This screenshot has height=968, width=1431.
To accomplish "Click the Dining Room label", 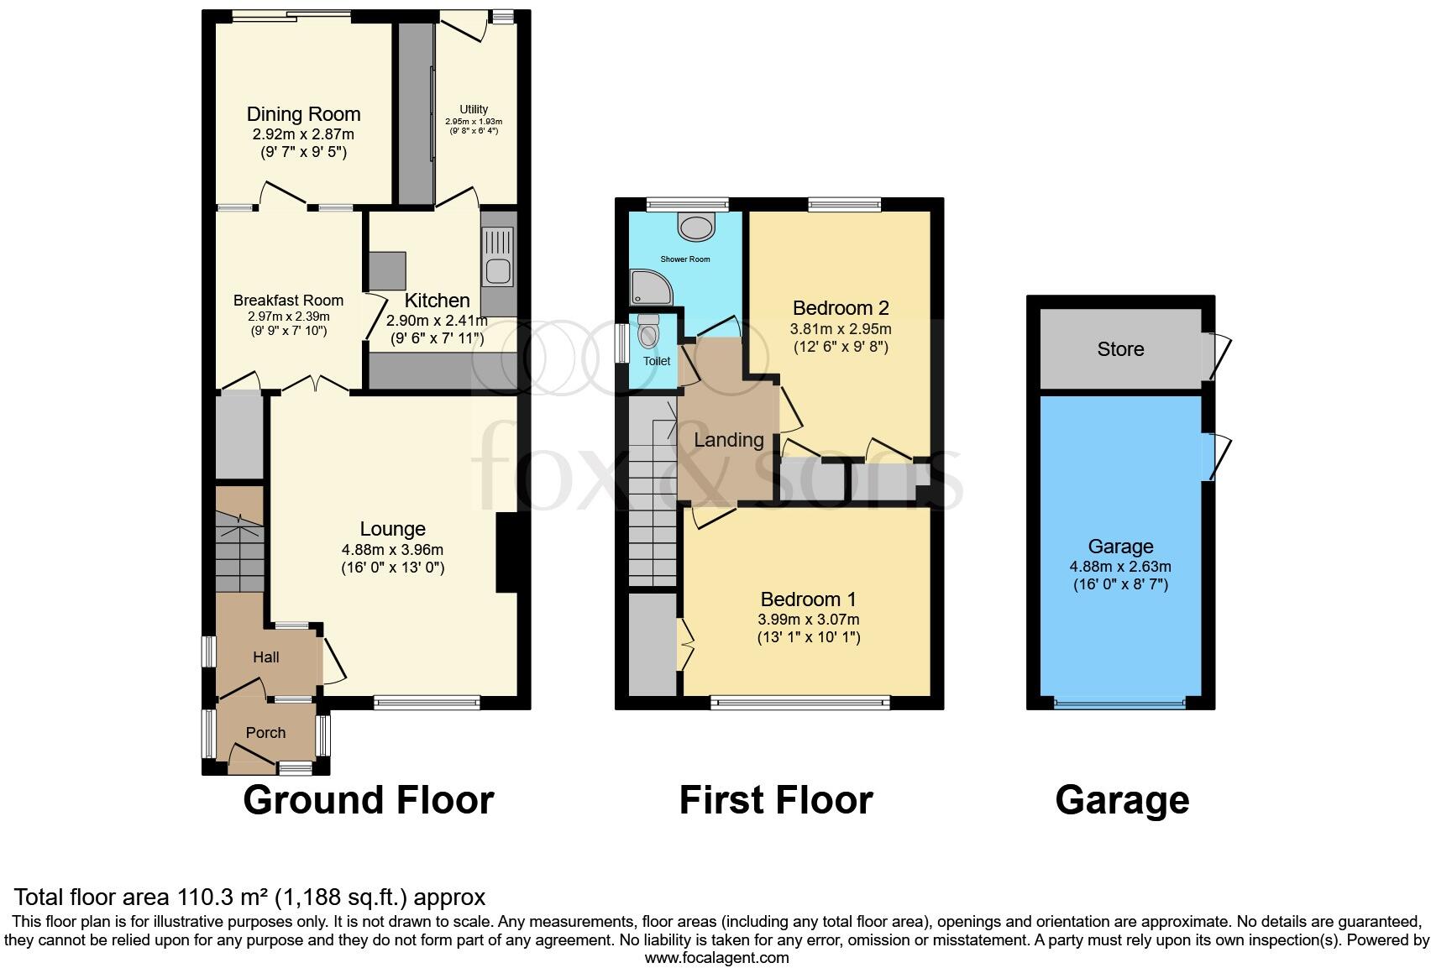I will tap(303, 114).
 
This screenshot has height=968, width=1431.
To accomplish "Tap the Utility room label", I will tap(474, 109).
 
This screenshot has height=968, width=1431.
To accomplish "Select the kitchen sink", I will tap(498, 271).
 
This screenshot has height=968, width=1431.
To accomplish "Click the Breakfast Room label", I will tap(288, 301).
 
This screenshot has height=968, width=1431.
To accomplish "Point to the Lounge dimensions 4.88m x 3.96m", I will tap(392, 550).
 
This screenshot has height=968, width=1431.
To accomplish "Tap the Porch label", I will tap(265, 733).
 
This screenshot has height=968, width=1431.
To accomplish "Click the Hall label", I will tap(265, 657).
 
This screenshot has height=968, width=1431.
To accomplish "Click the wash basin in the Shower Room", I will tap(696, 226).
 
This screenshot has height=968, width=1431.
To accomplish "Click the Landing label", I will tap(728, 440).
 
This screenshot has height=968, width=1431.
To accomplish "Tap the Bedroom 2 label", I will tap(840, 308).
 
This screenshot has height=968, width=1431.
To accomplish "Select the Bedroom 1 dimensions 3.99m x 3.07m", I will tap(808, 620).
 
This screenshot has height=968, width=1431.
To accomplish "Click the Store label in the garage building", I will tap(1120, 349).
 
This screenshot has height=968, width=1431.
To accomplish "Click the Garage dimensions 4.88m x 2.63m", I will tap(1120, 567).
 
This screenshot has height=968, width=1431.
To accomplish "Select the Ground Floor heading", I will tap(368, 800).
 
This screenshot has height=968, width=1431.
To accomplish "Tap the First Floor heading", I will tap(775, 800).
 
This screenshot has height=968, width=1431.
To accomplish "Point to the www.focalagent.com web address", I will tap(716, 957).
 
